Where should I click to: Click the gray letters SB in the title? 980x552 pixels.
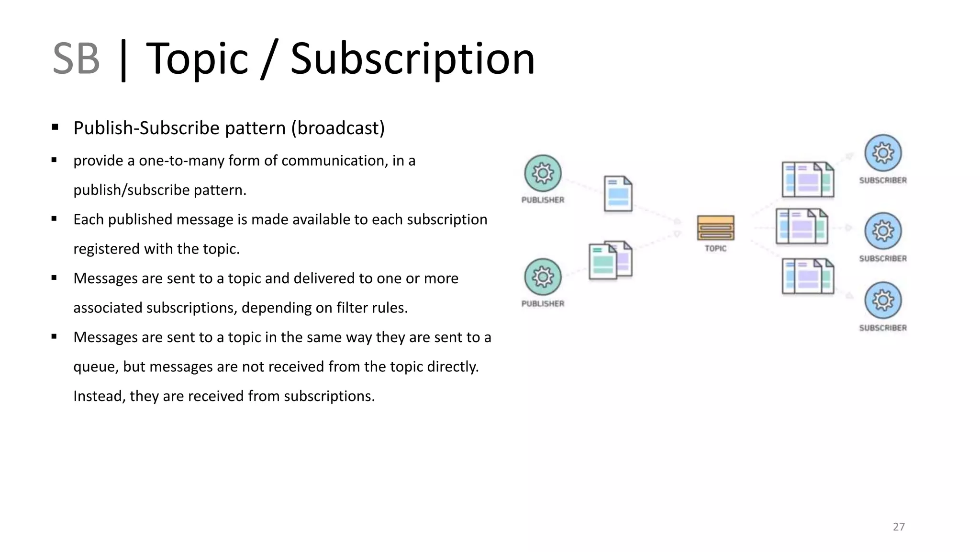(x=76, y=59)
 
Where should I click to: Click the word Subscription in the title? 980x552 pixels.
(x=412, y=59)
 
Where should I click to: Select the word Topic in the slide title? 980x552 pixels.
(x=197, y=59)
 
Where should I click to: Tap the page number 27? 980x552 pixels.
(x=898, y=527)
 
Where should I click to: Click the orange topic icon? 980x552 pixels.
(x=715, y=228)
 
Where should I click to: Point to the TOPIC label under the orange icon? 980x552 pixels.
(x=715, y=248)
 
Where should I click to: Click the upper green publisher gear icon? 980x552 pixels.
(x=543, y=173)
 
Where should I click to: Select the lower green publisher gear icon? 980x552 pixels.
(x=543, y=277)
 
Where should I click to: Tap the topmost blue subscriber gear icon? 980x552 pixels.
(x=883, y=153)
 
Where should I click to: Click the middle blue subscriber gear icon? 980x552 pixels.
(x=883, y=231)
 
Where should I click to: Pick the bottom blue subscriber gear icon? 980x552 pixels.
(x=883, y=300)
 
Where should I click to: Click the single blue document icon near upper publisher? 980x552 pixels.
(x=618, y=194)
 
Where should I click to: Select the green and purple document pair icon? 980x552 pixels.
(x=610, y=260)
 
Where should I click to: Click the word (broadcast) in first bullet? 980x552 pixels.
(x=338, y=128)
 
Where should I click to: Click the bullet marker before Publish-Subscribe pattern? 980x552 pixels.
(x=55, y=127)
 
